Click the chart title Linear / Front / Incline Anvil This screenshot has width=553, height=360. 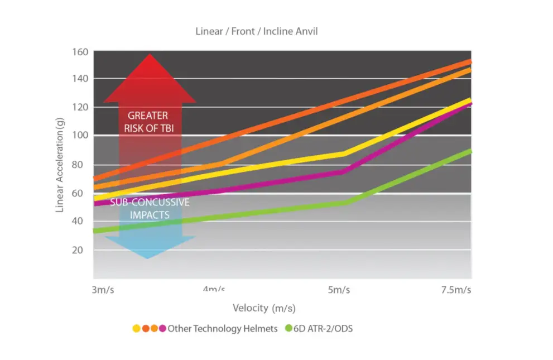click(256, 31)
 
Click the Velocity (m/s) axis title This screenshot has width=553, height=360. click(263, 308)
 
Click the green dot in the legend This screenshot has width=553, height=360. click(288, 329)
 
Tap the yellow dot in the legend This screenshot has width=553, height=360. click(136, 329)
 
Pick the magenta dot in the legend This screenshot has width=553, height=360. click(162, 329)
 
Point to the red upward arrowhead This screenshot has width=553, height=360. click(149, 78)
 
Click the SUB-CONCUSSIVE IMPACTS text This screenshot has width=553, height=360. click(150, 208)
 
